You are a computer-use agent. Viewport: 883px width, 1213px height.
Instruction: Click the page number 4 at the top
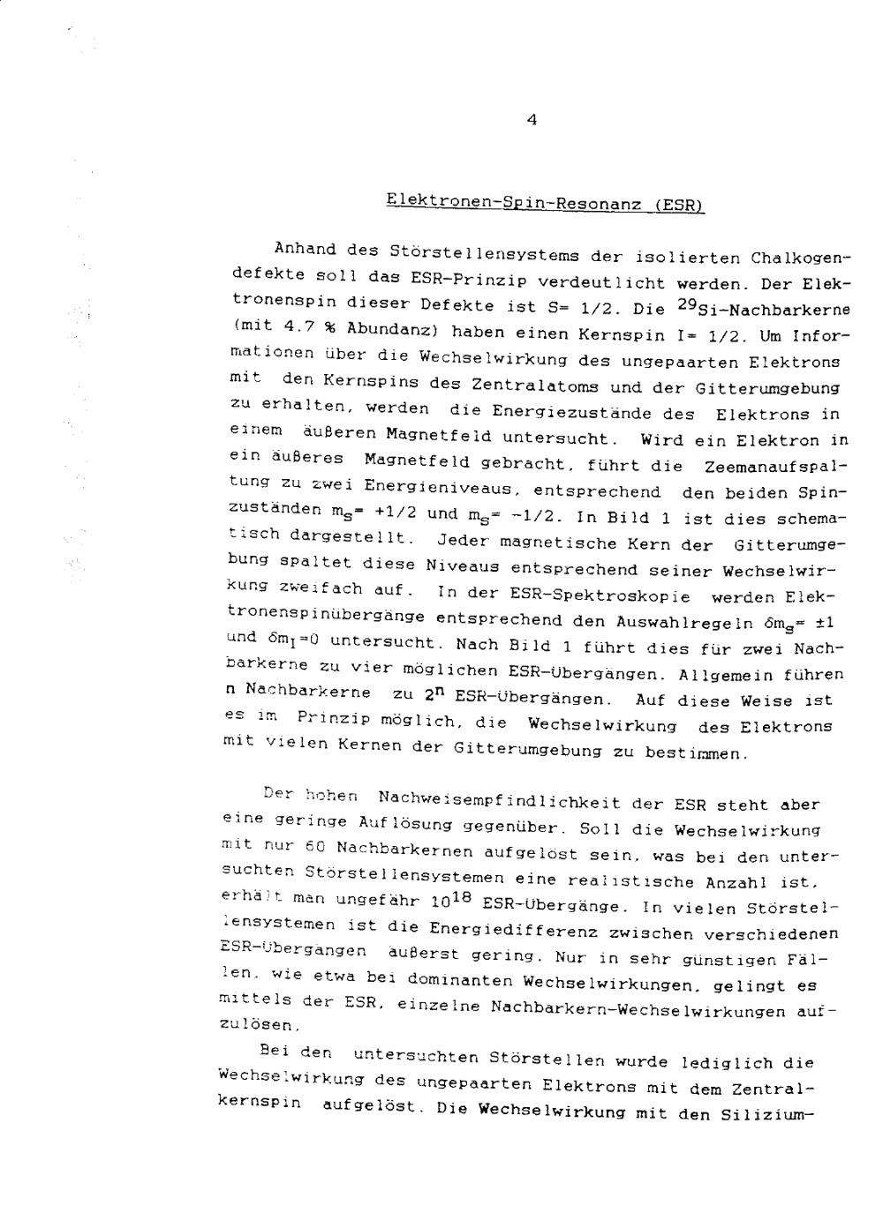tap(531, 122)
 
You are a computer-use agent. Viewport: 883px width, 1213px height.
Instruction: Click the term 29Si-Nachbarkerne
tap(757, 309)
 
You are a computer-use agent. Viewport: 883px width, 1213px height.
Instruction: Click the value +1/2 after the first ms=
tap(395, 512)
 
